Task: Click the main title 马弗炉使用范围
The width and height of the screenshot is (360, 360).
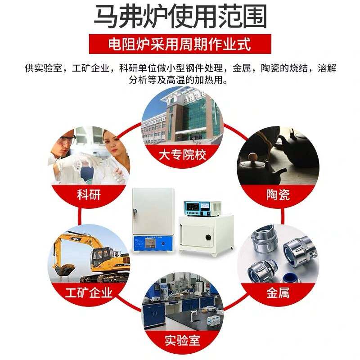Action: click(180, 17)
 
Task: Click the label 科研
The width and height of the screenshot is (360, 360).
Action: click(89, 195)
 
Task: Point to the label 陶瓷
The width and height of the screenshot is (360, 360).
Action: click(278, 195)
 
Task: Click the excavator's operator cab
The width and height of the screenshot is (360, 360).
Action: click(100, 256)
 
